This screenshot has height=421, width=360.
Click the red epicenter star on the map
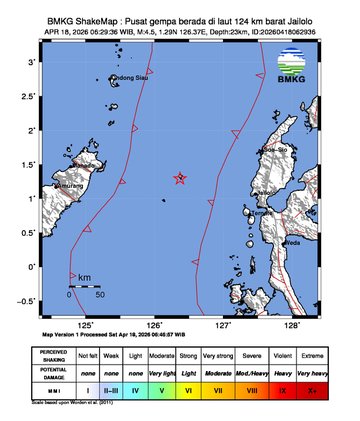tap(180, 178)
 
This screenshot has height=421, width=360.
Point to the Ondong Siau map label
tap(129, 78)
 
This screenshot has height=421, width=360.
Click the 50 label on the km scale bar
tap(100, 295)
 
